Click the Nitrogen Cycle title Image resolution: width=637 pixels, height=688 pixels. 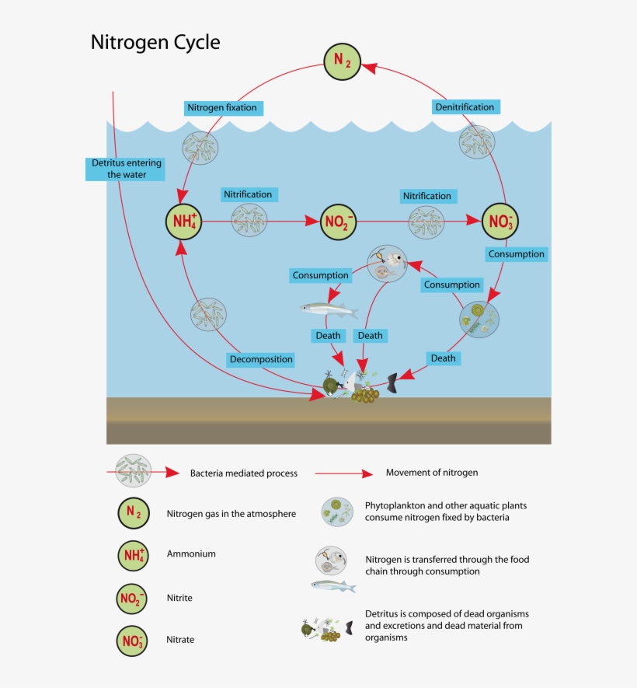(x=155, y=42)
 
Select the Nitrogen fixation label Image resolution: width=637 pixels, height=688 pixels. (x=221, y=107)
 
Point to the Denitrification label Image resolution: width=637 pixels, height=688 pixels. (x=463, y=107)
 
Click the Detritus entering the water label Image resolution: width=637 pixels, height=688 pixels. (x=124, y=169)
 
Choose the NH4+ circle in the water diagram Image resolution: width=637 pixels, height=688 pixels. (x=184, y=222)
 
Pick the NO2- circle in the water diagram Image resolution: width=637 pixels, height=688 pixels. (x=339, y=222)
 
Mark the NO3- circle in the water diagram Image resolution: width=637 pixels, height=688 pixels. (x=500, y=222)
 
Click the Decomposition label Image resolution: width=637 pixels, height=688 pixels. (x=261, y=359)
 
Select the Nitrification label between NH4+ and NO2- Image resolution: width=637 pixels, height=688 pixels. (x=247, y=194)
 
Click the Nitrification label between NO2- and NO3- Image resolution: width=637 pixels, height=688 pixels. (x=426, y=196)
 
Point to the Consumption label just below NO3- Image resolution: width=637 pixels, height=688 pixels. (x=516, y=254)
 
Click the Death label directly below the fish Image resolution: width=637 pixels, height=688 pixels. (x=327, y=336)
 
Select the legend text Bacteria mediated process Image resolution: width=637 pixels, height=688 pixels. (x=244, y=473)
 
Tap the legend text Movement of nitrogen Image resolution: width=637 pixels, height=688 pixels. (x=432, y=473)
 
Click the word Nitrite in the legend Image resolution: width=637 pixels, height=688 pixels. (x=179, y=598)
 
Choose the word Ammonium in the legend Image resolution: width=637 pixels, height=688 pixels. (x=191, y=554)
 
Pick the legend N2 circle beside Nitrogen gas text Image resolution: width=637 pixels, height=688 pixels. (x=134, y=513)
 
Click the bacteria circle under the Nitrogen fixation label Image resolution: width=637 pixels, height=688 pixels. (x=200, y=146)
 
